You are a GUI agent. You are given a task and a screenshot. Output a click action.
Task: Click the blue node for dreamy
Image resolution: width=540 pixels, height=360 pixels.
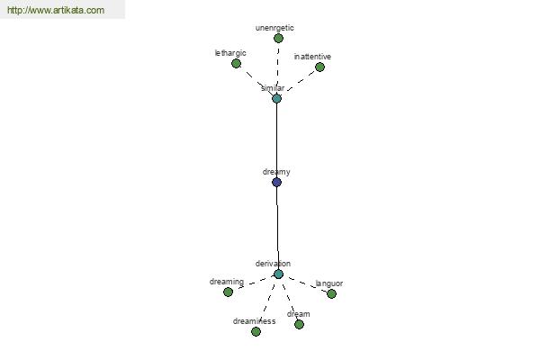click(x=276, y=182)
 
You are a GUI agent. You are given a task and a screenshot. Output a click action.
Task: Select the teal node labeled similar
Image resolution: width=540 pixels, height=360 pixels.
click(x=276, y=98)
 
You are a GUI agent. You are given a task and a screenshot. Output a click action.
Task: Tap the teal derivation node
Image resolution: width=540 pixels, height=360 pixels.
click(x=278, y=274)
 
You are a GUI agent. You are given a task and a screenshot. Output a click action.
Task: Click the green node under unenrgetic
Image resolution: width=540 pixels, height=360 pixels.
click(x=278, y=38)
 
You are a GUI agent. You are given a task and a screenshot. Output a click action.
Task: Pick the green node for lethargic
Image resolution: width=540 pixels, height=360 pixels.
click(x=236, y=63)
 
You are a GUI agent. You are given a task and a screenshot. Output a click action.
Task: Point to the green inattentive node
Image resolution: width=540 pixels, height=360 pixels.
click(x=319, y=67)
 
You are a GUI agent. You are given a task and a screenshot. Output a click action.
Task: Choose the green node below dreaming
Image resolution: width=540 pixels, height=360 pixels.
click(x=228, y=292)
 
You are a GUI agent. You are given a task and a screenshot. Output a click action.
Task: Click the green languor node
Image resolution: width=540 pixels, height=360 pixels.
click(x=331, y=294)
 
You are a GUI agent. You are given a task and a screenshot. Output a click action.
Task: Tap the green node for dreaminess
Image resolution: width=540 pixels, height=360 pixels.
click(x=256, y=332)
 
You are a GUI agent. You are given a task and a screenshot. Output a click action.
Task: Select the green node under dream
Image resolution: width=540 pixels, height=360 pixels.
click(x=299, y=325)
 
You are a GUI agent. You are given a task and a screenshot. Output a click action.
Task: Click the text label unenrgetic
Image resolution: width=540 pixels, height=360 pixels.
click(x=274, y=28)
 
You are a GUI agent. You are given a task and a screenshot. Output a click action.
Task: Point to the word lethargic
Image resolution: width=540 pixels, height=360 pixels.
click(x=230, y=53)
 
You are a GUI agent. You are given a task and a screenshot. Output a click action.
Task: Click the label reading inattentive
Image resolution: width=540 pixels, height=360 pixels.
click(x=312, y=57)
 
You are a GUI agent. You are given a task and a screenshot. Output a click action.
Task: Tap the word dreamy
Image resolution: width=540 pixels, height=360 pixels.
click(x=276, y=172)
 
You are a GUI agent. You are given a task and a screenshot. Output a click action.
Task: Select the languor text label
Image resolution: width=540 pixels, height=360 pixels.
click(x=329, y=283)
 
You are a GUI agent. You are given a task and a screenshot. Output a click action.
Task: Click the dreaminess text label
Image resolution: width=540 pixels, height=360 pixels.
click(x=254, y=321)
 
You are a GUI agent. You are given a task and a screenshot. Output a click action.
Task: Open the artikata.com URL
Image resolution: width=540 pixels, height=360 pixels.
click(x=56, y=10)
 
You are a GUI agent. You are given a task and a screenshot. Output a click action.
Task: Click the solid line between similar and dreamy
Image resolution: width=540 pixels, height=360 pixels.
click(x=276, y=140)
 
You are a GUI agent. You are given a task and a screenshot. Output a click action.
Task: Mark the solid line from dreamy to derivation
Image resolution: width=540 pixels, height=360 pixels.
click(x=277, y=228)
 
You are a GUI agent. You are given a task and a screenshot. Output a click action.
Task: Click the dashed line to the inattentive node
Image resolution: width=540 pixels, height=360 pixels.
click(x=301, y=81)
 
